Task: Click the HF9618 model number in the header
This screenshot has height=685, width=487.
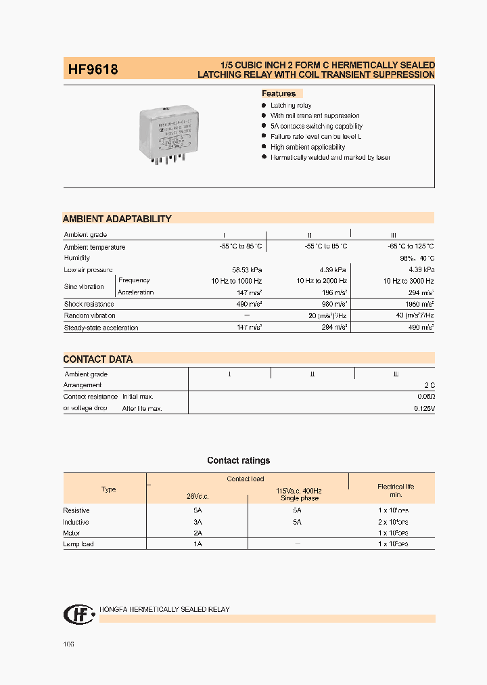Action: (93, 69)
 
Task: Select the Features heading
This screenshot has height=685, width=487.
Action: (279, 93)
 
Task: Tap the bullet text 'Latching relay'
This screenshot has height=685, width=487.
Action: (291, 106)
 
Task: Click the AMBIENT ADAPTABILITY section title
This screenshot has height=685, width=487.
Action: (117, 219)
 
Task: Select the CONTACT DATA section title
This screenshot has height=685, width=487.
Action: (98, 359)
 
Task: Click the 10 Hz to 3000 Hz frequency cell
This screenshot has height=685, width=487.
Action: (409, 281)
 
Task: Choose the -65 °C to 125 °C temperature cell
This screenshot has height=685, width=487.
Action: (409, 247)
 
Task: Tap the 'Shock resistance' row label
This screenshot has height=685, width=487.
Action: (89, 305)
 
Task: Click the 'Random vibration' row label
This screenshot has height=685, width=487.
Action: (90, 316)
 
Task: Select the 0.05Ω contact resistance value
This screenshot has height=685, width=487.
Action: (424, 397)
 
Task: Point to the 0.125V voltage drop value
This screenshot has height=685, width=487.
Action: (424, 409)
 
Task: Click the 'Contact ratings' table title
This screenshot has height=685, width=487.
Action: (238, 461)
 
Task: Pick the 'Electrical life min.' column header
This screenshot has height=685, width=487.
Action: (396, 491)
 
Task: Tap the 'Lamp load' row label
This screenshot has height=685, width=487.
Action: (78, 544)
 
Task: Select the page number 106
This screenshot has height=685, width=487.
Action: (68, 644)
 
